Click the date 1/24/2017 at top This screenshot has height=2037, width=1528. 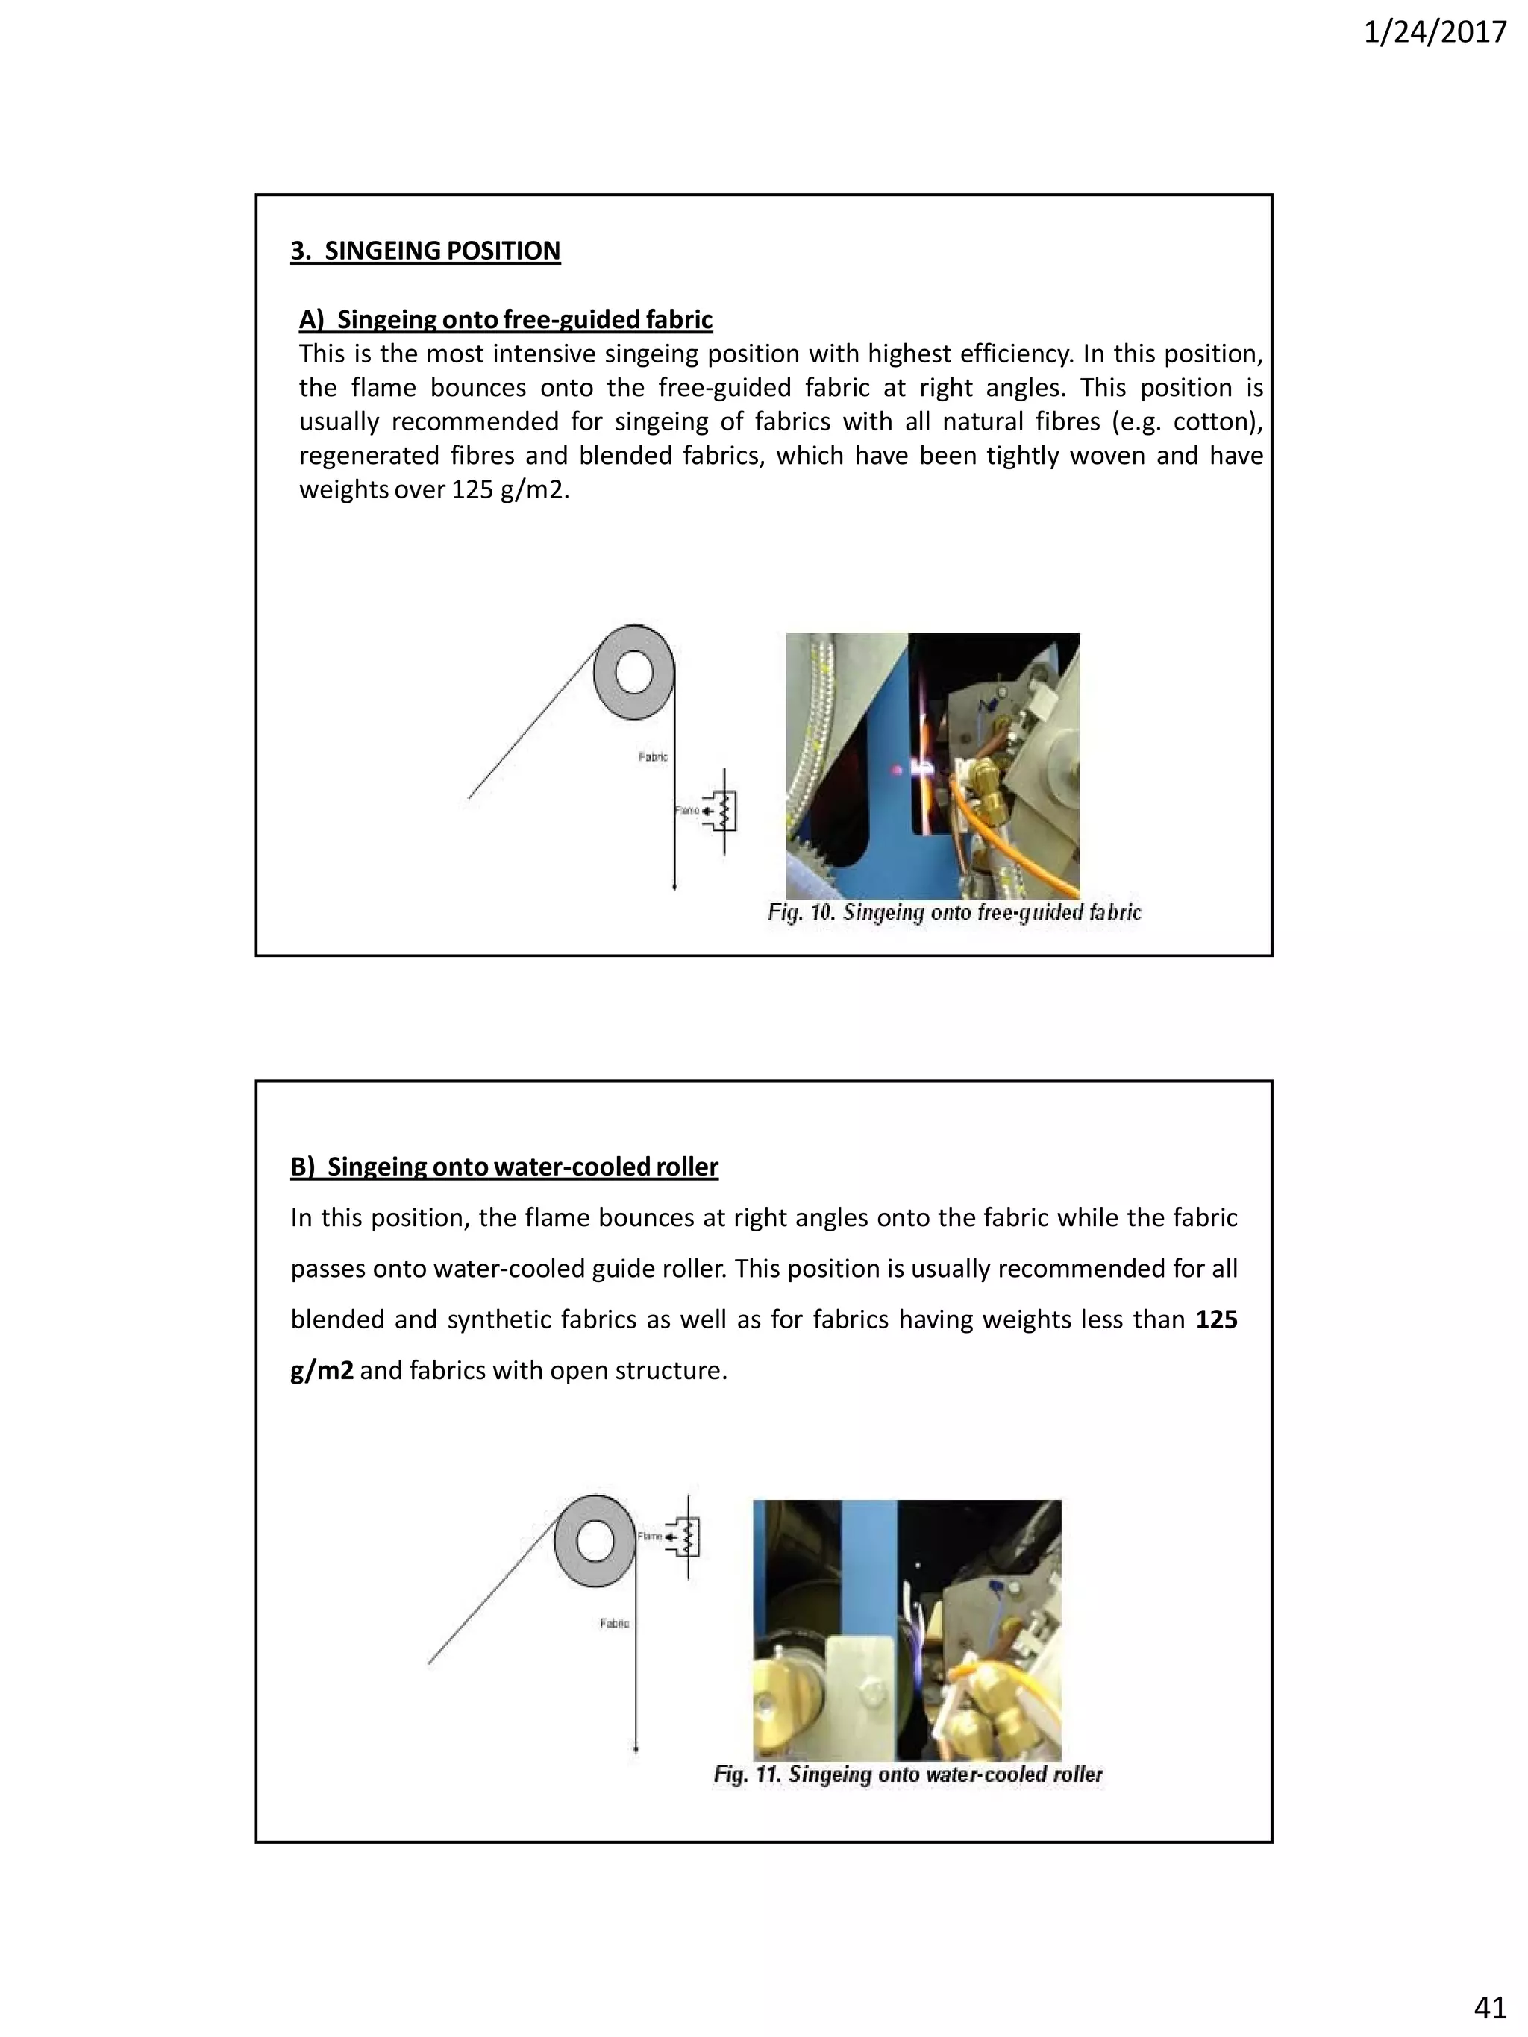1434,33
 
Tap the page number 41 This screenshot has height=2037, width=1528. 1489,2006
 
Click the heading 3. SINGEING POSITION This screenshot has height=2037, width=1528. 425,251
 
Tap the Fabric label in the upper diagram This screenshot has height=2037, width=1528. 652,757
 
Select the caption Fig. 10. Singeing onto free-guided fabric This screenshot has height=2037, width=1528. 954,913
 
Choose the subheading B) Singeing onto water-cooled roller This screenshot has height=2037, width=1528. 504,1167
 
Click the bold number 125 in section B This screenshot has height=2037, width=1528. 1216,1319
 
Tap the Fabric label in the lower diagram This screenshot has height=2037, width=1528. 614,1624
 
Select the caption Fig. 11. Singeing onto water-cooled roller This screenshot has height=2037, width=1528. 907,1774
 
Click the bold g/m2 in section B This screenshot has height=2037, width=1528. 322,1370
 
